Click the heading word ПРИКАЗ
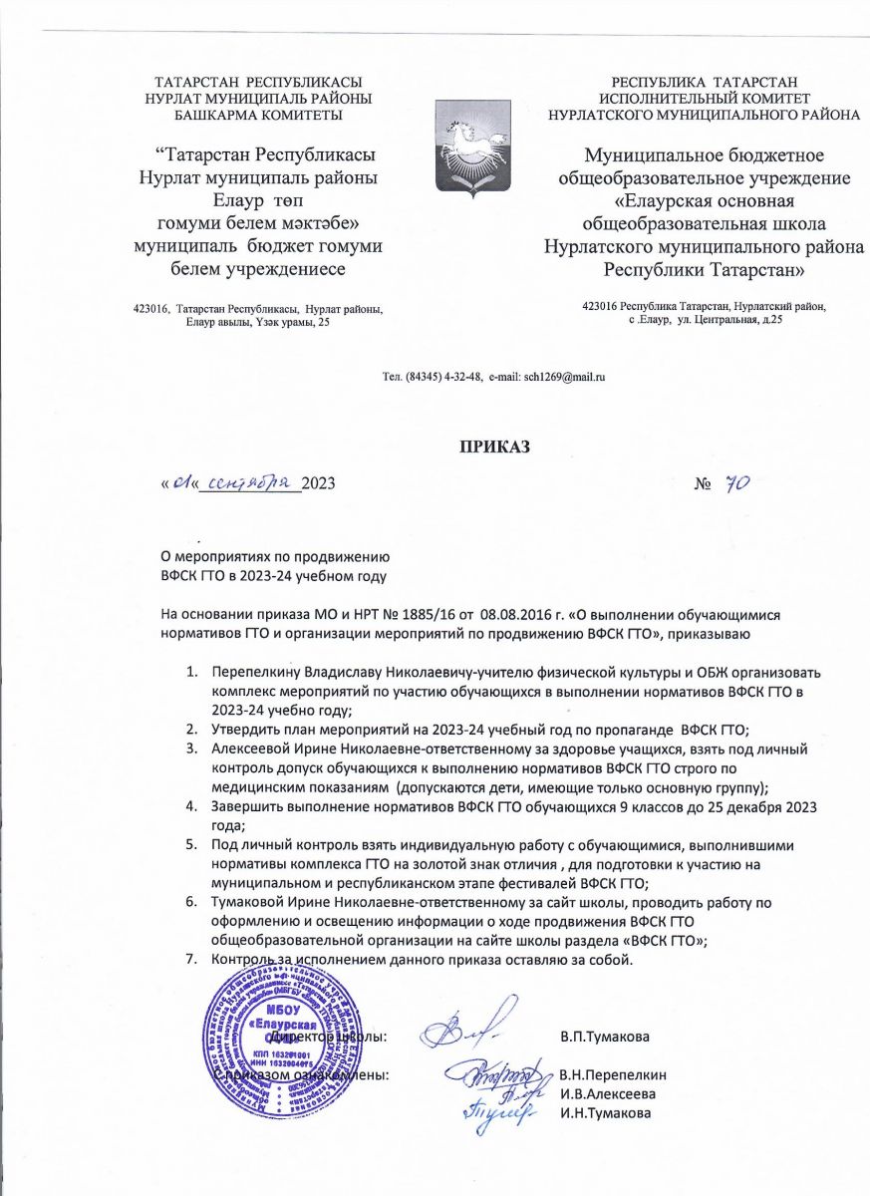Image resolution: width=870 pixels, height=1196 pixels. point(495,445)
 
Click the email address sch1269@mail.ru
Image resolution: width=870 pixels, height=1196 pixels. point(565,378)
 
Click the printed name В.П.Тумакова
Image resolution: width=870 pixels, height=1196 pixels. point(605,1038)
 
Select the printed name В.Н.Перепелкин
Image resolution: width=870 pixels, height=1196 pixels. point(612,1075)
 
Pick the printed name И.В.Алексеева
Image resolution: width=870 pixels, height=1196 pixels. point(607,1094)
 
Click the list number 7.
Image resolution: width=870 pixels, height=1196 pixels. point(191,960)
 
